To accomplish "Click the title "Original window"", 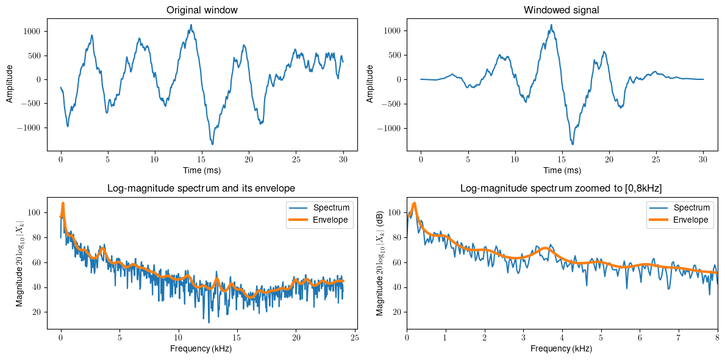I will pyautogui.click(x=202, y=10).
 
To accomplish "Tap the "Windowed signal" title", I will pyautogui.click(x=562, y=10).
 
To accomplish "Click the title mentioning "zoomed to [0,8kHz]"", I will pyautogui.click(x=562, y=188).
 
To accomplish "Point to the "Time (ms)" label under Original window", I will pyautogui.click(x=202, y=170).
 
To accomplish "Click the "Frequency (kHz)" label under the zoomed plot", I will pyautogui.click(x=562, y=348).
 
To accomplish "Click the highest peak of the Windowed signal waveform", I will pyautogui.click(x=551, y=25).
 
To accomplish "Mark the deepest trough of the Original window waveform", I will pyautogui.click(x=212, y=145).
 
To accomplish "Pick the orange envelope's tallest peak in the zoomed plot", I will pyautogui.click(x=415, y=203).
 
